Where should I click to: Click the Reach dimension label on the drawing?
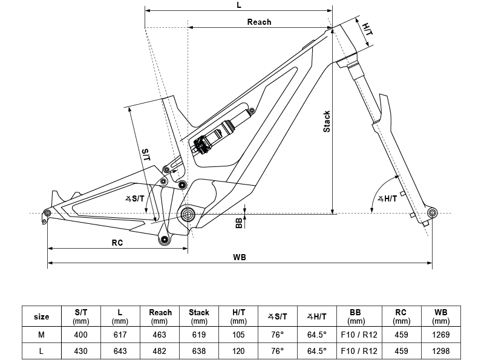point(259,22)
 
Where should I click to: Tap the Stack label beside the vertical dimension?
point(327,122)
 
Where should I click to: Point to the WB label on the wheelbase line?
point(240,257)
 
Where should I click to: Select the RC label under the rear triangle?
point(117,242)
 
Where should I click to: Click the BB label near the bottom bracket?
point(239,223)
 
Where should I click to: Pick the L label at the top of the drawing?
point(240,5)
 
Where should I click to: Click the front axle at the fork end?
point(432,213)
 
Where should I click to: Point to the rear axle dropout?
point(47,212)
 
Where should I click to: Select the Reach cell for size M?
point(160,335)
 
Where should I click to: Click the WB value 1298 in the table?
point(441,350)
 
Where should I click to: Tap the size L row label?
point(42,350)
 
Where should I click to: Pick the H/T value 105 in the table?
point(238,335)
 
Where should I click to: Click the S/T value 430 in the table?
point(81,350)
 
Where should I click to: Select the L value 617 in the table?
point(120,335)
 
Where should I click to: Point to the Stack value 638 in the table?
point(199,350)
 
